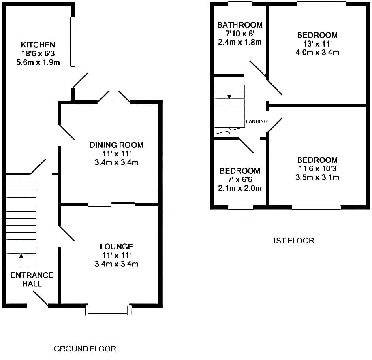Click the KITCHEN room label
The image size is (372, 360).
[x=38, y=45]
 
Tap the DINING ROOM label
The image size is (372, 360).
[x=116, y=145]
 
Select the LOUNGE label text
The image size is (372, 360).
[x=116, y=247]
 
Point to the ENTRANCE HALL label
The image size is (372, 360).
[x=32, y=279]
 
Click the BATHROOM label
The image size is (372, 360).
[x=240, y=25]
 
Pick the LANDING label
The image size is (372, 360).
[x=257, y=121]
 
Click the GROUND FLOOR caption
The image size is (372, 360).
[x=85, y=349]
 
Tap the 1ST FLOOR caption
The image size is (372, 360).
[x=293, y=241]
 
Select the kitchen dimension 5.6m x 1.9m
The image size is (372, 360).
[x=38, y=62]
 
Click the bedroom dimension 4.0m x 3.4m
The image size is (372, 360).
[x=317, y=52]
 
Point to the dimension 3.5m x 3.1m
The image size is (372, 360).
[x=317, y=177]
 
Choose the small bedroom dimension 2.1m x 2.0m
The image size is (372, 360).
[x=240, y=188]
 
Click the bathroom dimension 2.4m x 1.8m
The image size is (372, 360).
[x=240, y=42]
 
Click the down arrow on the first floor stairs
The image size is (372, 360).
[x=229, y=93]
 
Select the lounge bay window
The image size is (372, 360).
[x=109, y=312]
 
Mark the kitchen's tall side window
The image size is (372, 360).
[x=73, y=42]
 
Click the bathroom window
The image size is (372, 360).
[x=240, y=4]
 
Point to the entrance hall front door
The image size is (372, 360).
[x=41, y=298]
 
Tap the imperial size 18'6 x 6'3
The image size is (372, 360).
[x=38, y=53]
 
